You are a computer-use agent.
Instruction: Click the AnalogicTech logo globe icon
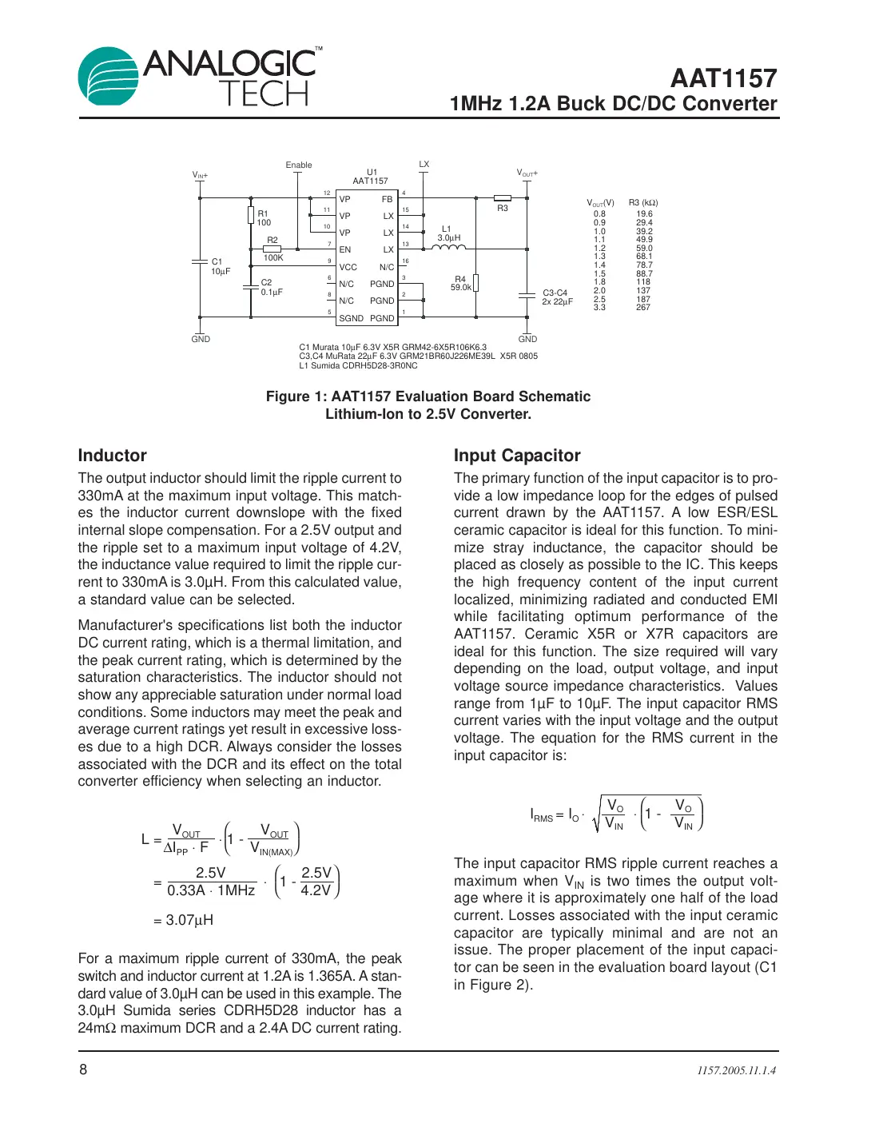pyautogui.click(x=109, y=76)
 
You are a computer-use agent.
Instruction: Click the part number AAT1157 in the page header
pyautogui.click(x=723, y=78)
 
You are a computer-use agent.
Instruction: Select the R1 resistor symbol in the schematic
pyautogui.click(x=251, y=215)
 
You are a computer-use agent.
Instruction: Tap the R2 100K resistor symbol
pyautogui.click(x=272, y=249)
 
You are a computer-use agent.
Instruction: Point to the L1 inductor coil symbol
pyautogui.click(x=448, y=247)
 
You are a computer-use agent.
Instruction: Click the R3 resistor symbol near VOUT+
pyautogui.click(x=503, y=198)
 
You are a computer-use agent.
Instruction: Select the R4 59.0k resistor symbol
pyautogui.click(x=475, y=284)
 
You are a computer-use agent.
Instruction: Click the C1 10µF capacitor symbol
pyautogui.click(x=200, y=262)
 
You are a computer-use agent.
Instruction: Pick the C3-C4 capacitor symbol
pyautogui.click(x=527, y=296)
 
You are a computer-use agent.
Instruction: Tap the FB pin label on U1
pyautogui.click(x=387, y=199)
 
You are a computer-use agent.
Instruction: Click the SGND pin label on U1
pyautogui.click(x=351, y=318)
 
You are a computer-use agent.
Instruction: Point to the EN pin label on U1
pyautogui.click(x=344, y=250)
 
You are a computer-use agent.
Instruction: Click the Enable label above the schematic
pyautogui.click(x=299, y=165)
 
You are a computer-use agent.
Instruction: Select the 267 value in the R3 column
pyautogui.click(x=643, y=308)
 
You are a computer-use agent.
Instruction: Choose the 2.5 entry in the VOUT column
pyautogui.click(x=599, y=299)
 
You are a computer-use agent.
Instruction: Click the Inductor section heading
pyautogui.click(x=113, y=456)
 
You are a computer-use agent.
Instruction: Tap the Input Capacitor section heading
pyautogui.click(x=517, y=456)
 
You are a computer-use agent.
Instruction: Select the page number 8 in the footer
pyautogui.click(x=83, y=1069)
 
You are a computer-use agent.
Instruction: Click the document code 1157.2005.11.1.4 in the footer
pyautogui.click(x=736, y=1070)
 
